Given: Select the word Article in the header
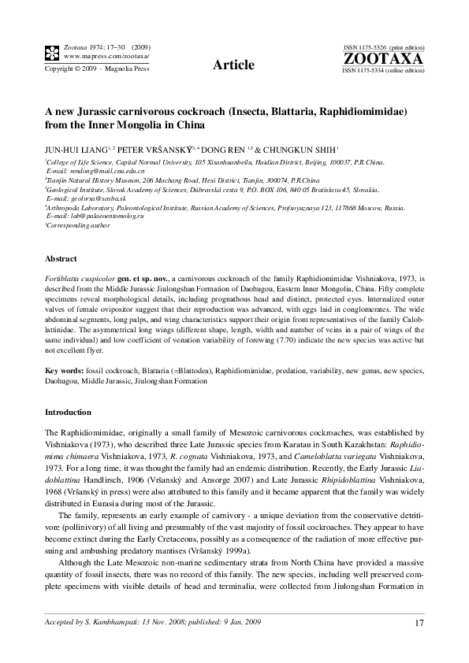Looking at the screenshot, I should pos(234,65).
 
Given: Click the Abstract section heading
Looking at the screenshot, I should pos(61,258).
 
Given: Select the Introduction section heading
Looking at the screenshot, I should pos(69,412).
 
